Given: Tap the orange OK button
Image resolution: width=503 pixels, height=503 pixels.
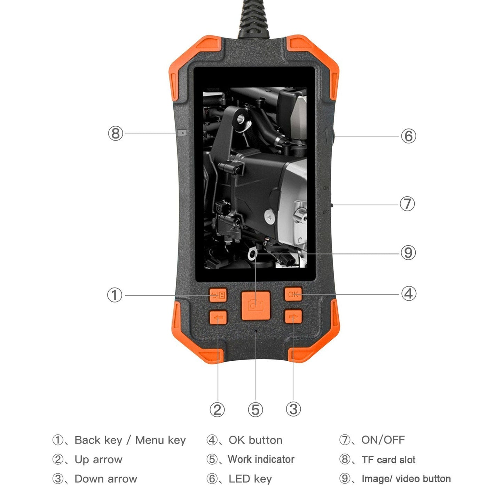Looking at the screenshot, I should coord(293,294).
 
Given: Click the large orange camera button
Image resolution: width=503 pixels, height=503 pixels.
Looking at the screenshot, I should coord(256,305).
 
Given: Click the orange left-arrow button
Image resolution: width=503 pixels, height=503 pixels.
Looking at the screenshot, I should coord(218,317).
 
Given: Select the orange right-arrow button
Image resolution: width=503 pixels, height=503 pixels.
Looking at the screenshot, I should coord(293,317).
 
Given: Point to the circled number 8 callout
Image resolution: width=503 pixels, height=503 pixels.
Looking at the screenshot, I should coord(116,133).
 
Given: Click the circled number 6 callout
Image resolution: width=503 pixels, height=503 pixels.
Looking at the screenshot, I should coord(408,136).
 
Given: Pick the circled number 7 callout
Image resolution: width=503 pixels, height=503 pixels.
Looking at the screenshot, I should coord(407,204).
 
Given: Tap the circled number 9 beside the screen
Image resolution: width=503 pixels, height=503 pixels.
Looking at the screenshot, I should coord(408,253).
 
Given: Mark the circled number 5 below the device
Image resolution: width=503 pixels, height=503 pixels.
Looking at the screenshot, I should coord(256,409).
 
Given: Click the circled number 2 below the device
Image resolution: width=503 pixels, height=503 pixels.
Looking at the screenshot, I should coord(217,409).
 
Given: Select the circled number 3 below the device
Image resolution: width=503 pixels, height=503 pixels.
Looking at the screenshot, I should coord(293,409).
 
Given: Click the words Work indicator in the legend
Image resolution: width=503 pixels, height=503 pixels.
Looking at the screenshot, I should coord(261,459).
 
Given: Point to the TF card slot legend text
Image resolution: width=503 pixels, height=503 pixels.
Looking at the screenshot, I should coord(388,460).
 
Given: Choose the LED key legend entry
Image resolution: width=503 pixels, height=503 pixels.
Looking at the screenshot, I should coord(250,479).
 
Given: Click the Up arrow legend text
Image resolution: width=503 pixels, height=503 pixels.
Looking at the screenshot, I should coord(99,459).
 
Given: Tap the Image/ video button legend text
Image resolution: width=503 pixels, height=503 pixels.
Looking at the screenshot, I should coord(406,479).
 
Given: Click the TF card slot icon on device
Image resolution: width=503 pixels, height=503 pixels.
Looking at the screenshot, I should coord(182,133).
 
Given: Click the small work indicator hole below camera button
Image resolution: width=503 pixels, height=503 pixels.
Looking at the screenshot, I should coord(256,331).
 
